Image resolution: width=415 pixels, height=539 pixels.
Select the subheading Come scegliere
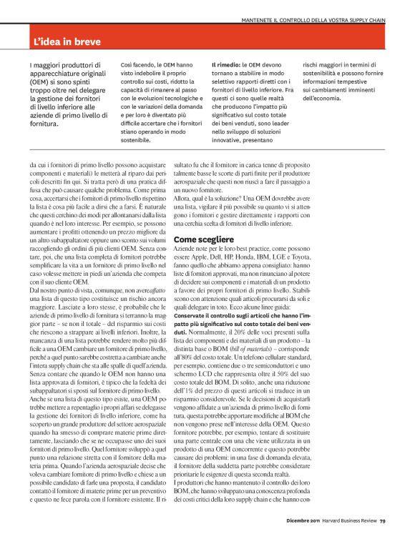(x=204, y=239)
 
